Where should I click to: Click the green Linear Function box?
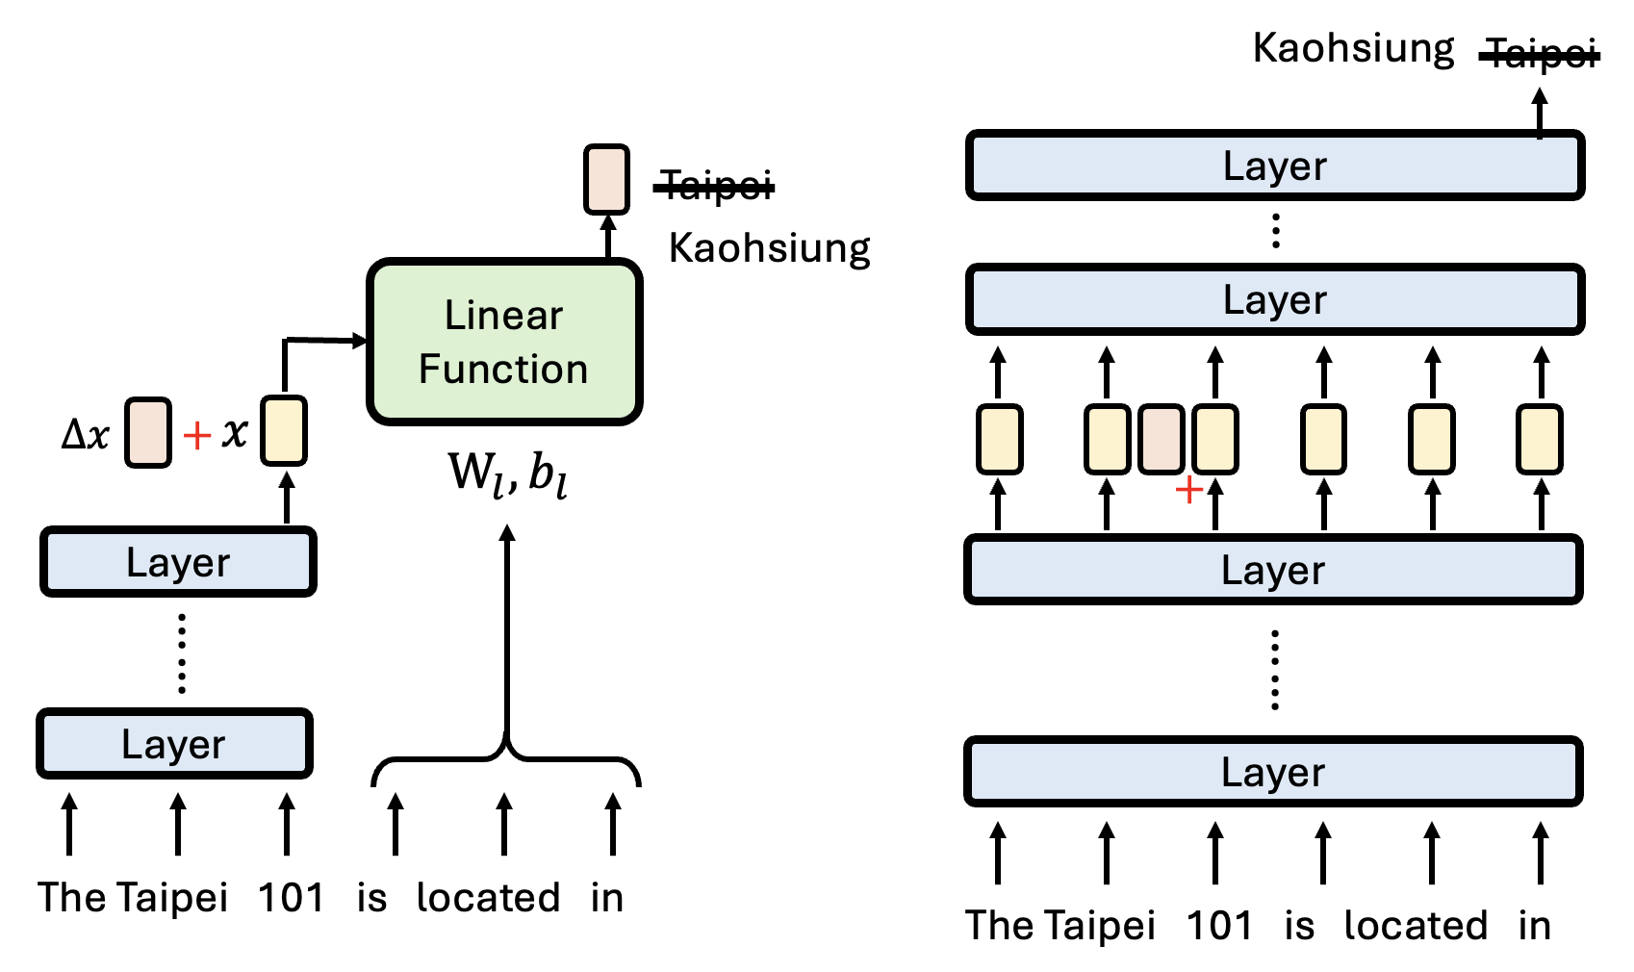click(504, 342)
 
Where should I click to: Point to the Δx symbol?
click(86, 435)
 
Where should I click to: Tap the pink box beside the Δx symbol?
click(148, 433)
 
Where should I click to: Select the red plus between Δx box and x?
click(197, 436)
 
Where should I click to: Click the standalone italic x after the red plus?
click(235, 433)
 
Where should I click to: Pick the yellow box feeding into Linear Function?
click(284, 431)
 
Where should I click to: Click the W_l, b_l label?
click(507, 473)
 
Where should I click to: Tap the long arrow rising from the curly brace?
click(507, 635)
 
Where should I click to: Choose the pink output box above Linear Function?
click(606, 179)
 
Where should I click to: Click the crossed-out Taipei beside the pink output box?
click(715, 185)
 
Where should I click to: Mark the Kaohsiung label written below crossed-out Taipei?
click(769, 248)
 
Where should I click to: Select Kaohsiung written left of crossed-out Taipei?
click(1353, 48)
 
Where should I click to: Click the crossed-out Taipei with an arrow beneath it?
click(1541, 54)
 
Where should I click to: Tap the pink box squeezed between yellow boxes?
click(1161, 440)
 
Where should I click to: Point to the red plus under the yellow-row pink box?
click(1189, 490)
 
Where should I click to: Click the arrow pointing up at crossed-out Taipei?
click(1540, 113)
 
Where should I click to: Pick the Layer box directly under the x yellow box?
click(178, 562)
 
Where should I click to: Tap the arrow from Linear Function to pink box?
click(607, 237)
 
